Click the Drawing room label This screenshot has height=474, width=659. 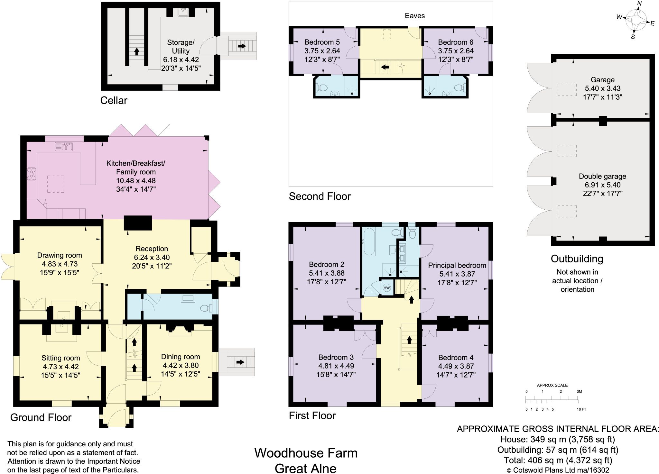click(60, 255)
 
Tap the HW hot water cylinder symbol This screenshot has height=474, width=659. click(386, 288)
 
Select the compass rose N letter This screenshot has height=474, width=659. click(639, 4)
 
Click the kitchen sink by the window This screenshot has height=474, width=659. click(64, 147)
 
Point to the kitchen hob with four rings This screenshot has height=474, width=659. click(32, 174)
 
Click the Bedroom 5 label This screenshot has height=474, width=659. click(322, 42)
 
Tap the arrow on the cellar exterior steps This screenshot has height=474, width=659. click(242, 46)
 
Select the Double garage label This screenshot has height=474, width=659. click(602, 176)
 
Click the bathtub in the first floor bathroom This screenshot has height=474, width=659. click(369, 242)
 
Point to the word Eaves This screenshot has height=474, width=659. click(414, 16)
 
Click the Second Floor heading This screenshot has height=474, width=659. click(320, 196)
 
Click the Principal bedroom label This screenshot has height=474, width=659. click(457, 265)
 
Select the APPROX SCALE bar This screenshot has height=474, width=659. click(552, 400)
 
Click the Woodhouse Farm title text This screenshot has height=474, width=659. click(306, 453)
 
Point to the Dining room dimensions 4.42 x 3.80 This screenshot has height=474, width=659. click(181, 365)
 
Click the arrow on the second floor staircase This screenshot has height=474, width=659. click(385, 67)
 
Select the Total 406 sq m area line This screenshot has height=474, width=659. click(558, 460)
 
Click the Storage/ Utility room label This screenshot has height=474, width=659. click(181, 47)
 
